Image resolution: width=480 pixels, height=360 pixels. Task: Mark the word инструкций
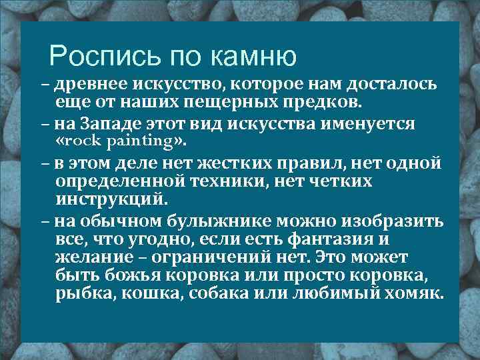[108, 199]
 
